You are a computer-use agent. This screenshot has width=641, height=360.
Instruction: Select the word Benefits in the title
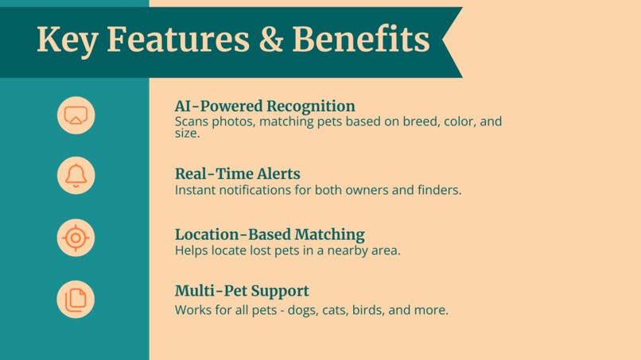tap(361, 40)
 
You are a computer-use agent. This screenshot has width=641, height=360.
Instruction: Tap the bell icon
tap(76, 176)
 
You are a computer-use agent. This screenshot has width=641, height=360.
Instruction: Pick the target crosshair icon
tap(76, 238)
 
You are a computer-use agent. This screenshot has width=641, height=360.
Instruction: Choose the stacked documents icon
tap(76, 300)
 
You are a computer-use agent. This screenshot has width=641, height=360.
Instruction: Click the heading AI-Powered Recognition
tap(265, 106)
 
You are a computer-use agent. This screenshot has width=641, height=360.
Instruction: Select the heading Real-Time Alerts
tap(237, 173)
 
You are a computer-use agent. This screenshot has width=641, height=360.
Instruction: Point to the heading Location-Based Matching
tap(270, 234)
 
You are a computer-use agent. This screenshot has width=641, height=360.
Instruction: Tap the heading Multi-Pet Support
tap(242, 291)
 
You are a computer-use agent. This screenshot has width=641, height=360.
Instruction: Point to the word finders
tap(438, 190)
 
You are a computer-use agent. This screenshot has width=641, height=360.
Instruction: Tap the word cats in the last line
tap(335, 310)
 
